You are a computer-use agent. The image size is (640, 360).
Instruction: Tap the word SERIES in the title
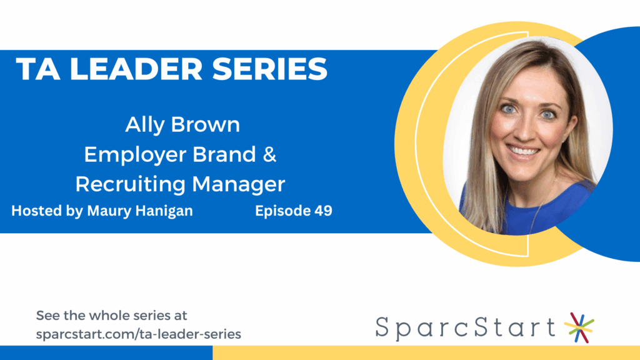point(275,69)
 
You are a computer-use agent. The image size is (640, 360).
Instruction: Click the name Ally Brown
point(182,124)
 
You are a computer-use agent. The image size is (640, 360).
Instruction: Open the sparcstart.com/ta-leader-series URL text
point(138,334)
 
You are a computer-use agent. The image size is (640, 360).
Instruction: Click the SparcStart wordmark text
point(466,327)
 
